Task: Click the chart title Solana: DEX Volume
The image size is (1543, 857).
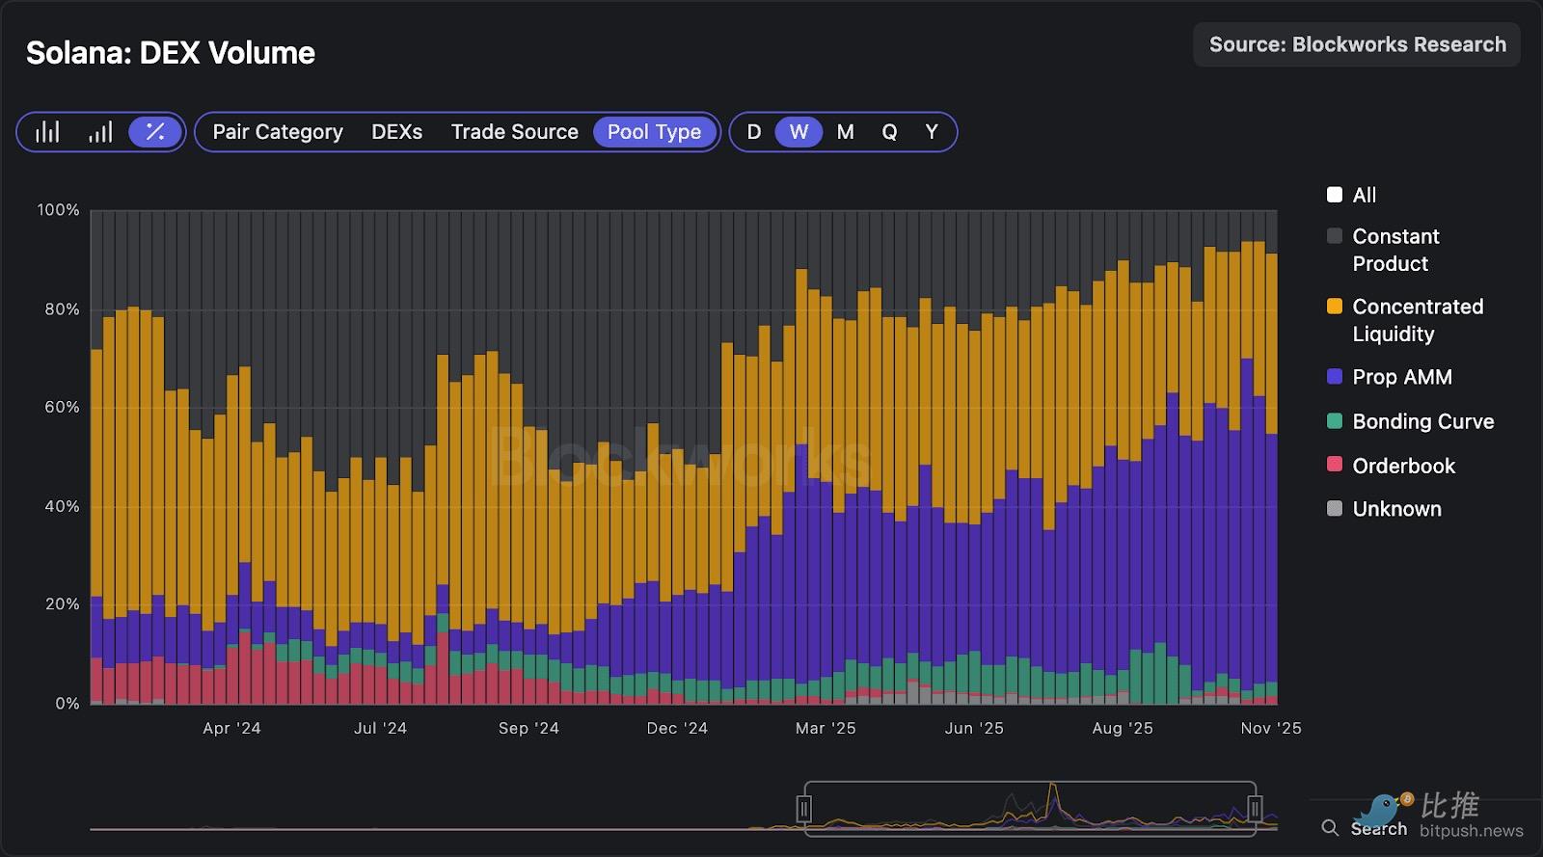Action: click(170, 53)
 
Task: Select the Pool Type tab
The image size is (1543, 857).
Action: click(654, 132)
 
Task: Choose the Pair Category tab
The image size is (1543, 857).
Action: click(278, 132)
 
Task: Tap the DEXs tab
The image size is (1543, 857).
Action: click(396, 132)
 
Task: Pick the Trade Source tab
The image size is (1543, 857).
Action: click(514, 132)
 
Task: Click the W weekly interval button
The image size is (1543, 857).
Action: click(799, 132)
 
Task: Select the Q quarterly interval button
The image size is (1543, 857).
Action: click(889, 132)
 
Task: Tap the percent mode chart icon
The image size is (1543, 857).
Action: click(154, 132)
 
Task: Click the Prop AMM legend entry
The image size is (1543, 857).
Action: click(1401, 377)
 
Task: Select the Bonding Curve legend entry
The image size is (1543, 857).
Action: click(1422, 421)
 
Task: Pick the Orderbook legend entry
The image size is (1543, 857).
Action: click(1403, 466)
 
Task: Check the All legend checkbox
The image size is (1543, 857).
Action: click(1335, 195)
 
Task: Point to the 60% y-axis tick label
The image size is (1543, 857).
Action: click(62, 407)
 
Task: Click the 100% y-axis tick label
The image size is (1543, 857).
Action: click(58, 209)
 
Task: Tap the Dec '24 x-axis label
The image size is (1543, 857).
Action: click(677, 728)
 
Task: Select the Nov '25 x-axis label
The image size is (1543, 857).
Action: click(1270, 728)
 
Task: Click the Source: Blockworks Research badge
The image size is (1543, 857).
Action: click(1357, 44)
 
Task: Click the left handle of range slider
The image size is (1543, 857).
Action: click(804, 809)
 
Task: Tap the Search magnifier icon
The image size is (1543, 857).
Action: click(1330, 828)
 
